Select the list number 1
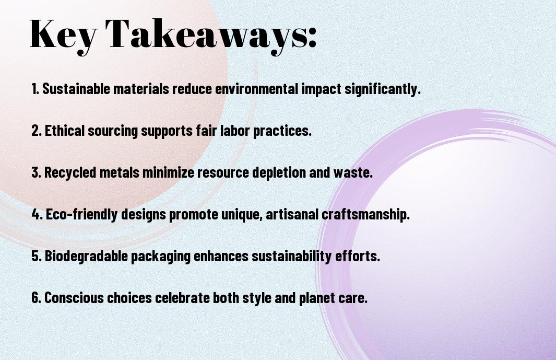(35, 89)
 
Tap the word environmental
(256, 89)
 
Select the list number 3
(36, 172)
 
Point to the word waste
(353, 172)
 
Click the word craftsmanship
(365, 215)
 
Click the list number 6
(36, 297)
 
